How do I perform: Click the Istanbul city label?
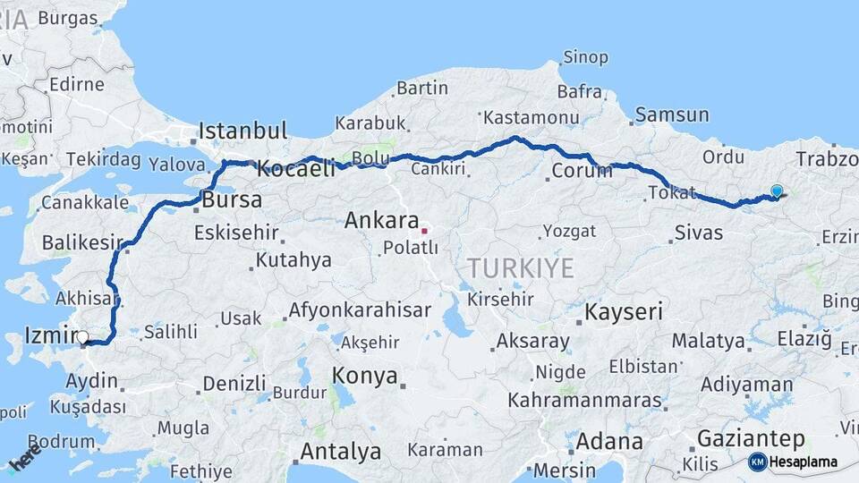pyautogui.click(x=242, y=131)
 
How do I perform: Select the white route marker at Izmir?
pyautogui.click(x=83, y=337)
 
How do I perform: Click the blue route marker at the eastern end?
pyautogui.click(x=776, y=191)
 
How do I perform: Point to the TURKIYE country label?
pyautogui.click(x=519, y=267)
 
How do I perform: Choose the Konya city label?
pyautogui.click(x=365, y=376)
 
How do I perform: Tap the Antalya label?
pyautogui.click(x=340, y=452)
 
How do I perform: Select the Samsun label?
pyautogui.click(x=672, y=114)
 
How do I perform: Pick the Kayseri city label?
pyautogui.click(x=624, y=312)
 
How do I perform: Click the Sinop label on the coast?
pyautogui.click(x=585, y=58)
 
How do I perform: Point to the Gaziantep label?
pyautogui.click(x=750, y=439)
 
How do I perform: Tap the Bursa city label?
pyautogui.click(x=232, y=199)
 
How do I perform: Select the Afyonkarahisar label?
pyautogui.click(x=359, y=311)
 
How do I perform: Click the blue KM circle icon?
pyautogui.click(x=757, y=462)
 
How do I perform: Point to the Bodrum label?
pyautogui.click(x=61, y=441)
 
